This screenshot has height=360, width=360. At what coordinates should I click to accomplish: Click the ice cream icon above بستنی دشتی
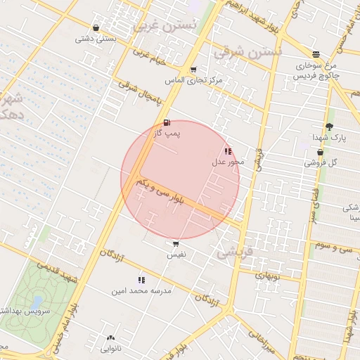(96, 28)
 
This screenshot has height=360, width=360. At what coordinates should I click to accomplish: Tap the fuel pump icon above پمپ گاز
(167, 123)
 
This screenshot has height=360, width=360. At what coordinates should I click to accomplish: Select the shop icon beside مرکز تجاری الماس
(193, 70)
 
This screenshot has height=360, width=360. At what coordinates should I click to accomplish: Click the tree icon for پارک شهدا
(329, 127)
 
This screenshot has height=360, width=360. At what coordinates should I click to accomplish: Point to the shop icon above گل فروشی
(320, 152)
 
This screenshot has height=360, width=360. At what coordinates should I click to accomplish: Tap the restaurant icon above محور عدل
(227, 151)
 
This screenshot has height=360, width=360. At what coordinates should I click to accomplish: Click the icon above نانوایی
(110, 338)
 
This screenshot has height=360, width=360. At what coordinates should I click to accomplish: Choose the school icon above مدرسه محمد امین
(141, 280)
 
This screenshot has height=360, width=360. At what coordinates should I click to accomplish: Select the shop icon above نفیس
(175, 245)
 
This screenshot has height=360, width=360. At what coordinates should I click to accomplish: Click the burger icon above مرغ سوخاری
(316, 54)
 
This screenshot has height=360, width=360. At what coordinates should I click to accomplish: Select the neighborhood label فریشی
(233, 252)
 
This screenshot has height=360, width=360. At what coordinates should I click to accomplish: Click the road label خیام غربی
(151, 61)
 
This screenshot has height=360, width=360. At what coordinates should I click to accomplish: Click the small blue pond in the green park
(33, 303)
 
